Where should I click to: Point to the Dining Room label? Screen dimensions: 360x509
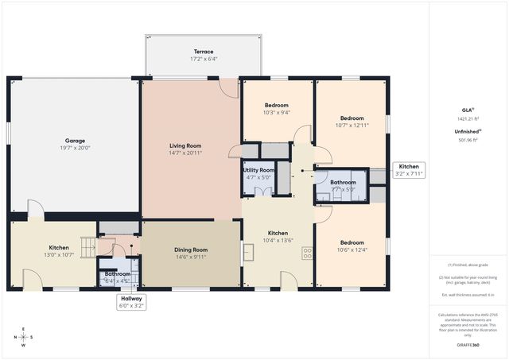(x=191, y=254)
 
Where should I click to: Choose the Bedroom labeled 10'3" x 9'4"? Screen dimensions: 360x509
(x=276, y=109)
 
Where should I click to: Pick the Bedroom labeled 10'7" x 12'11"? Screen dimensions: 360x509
(x=352, y=122)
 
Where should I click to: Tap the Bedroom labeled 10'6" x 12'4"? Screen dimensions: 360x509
(x=352, y=246)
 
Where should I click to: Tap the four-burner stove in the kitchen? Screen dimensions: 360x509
(x=307, y=254)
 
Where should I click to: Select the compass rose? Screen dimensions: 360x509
(x=23, y=337)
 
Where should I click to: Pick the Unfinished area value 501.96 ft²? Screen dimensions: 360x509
(x=468, y=140)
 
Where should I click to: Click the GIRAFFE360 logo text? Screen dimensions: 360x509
(x=468, y=346)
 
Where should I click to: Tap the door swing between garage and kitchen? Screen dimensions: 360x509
(x=35, y=209)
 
